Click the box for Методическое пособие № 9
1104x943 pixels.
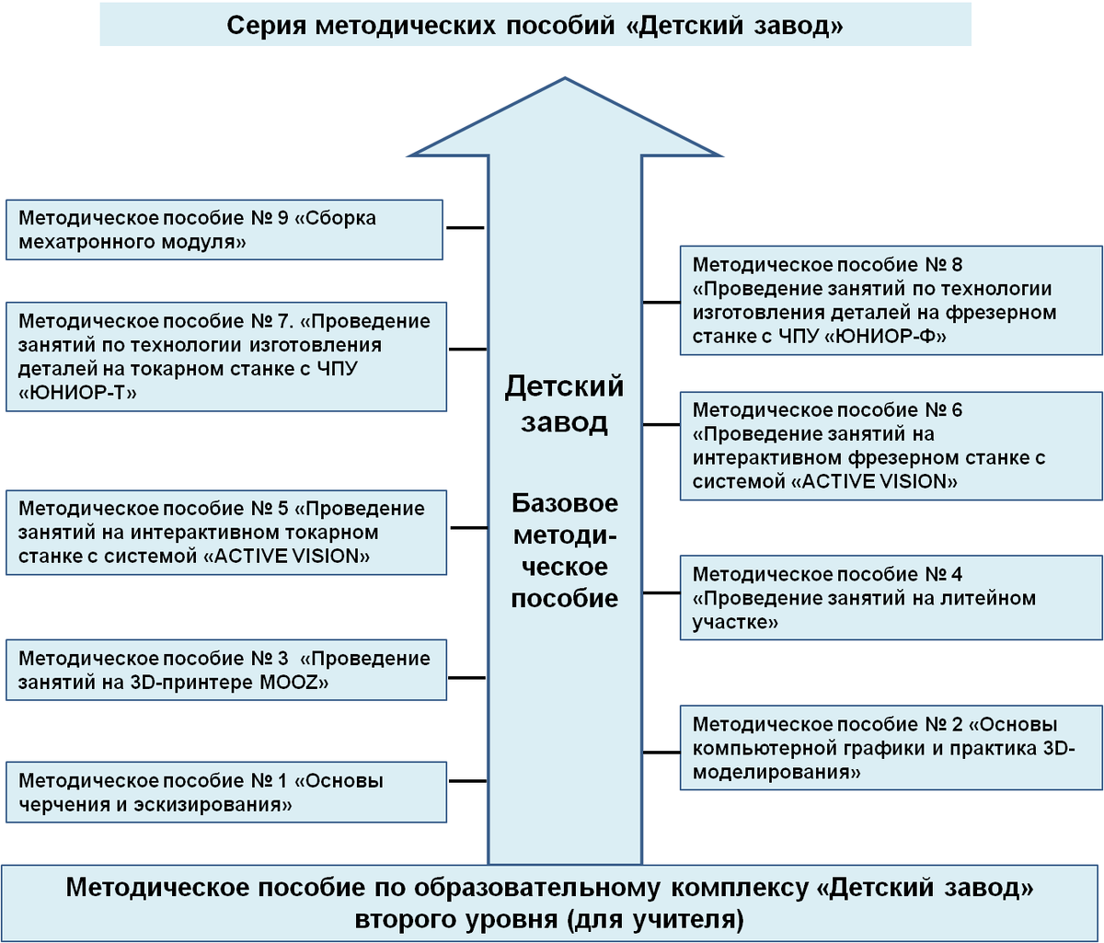224,231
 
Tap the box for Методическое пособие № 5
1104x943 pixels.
224,533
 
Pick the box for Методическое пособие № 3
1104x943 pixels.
224,671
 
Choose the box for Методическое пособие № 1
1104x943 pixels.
224,793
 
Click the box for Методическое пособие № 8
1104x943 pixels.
891,301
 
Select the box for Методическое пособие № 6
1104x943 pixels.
891,445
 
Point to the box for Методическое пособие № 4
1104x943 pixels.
891,598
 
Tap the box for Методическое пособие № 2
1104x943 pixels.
891,747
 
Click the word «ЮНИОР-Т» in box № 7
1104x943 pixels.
77,394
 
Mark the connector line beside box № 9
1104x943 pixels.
466,226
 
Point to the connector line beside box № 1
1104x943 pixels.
466,781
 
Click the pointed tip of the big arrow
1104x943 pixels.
566,81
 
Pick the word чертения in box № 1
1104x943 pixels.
59,806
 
